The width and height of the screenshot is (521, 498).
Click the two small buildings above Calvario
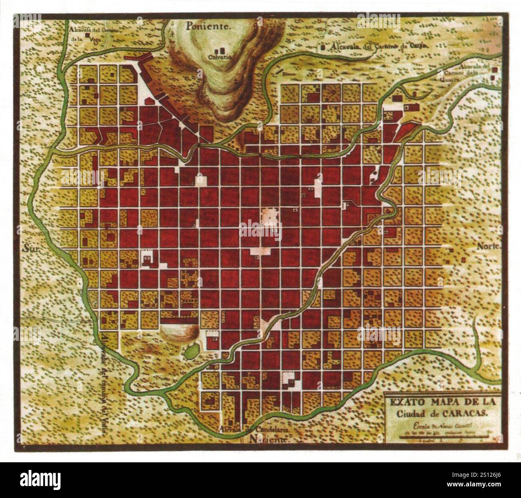219,51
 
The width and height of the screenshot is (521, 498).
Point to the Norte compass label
489,246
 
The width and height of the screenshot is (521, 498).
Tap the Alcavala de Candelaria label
256,429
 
